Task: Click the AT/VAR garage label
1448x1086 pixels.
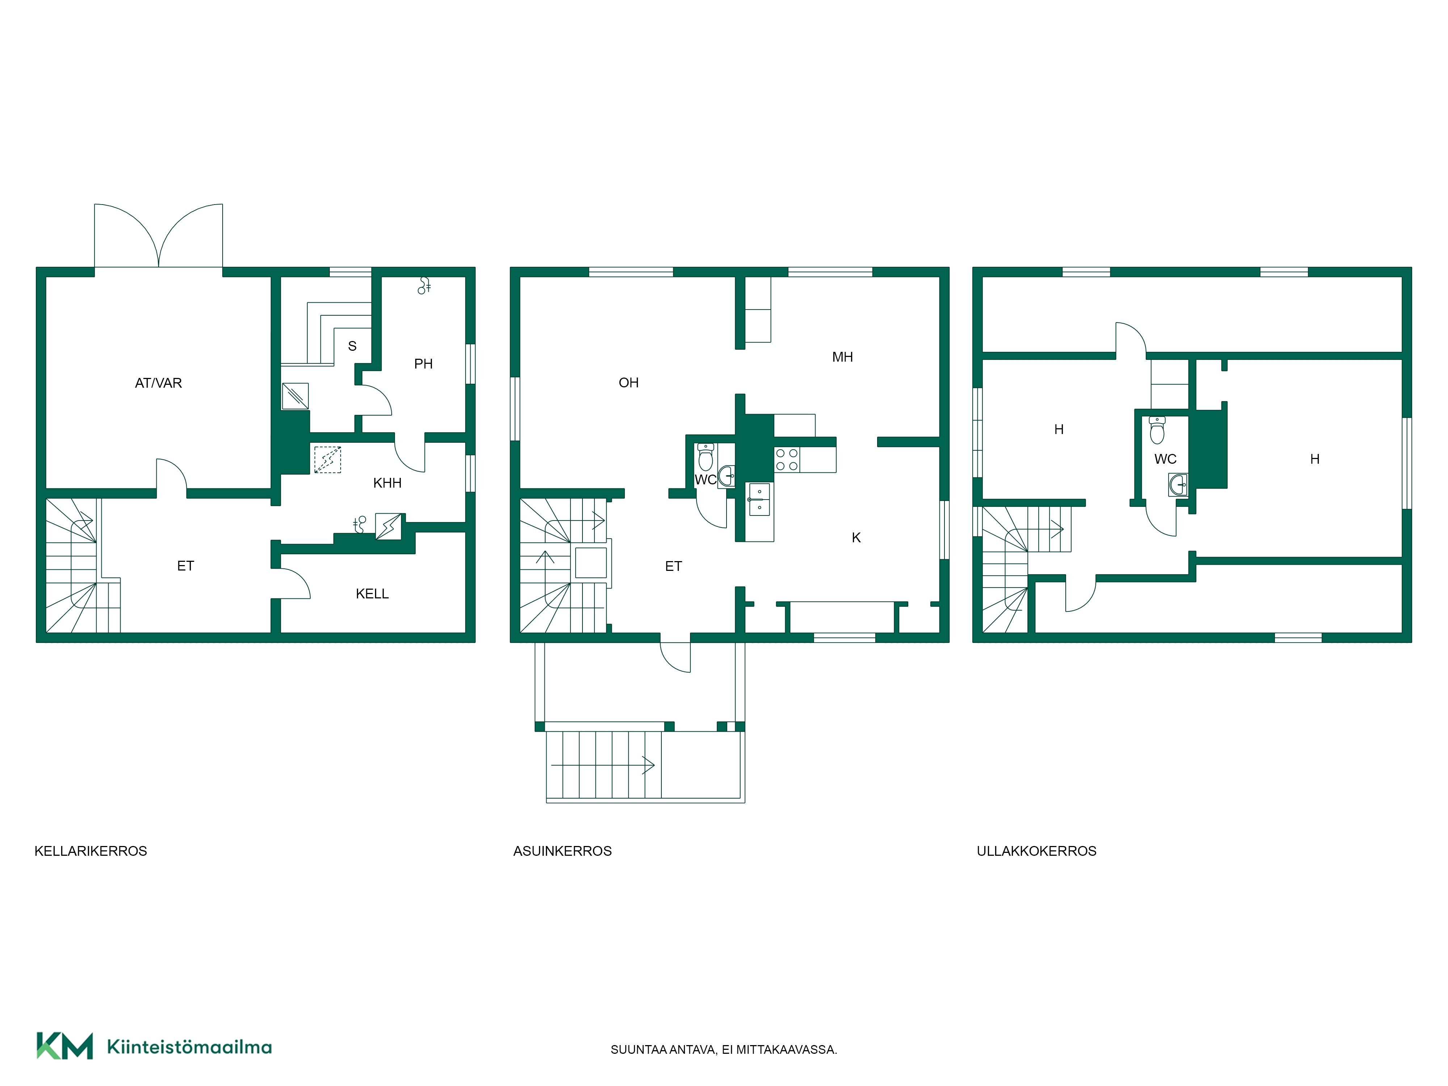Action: click(159, 383)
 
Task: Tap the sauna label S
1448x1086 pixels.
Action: click(352, 346)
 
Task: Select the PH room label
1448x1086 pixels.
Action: click(424, 364)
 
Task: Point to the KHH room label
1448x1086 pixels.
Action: click(387, 483)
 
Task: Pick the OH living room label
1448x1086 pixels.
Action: click(628, 383)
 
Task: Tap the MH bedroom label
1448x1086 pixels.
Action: click(842, 357)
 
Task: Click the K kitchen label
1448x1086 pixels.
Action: click(856, 538)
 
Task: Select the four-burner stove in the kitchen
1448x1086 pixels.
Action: click(787, 459)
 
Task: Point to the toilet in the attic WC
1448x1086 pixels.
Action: click(1157, 430)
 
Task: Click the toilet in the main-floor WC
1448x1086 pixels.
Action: click(706, 457)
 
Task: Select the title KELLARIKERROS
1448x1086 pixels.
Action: click(91, 851)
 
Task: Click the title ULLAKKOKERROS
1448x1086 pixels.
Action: click(1036, 851)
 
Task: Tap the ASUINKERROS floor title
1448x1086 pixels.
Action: click(562, 851)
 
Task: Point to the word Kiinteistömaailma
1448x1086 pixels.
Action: click(189, 1047)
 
